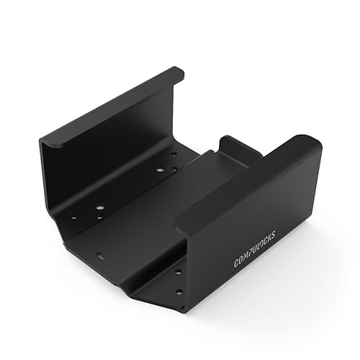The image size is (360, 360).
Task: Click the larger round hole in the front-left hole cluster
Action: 99,207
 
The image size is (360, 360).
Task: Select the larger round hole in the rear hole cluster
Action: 159,170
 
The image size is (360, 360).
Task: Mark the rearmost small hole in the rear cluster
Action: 173,153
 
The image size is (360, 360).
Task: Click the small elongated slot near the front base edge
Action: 100,255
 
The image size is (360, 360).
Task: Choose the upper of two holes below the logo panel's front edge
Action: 179,272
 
